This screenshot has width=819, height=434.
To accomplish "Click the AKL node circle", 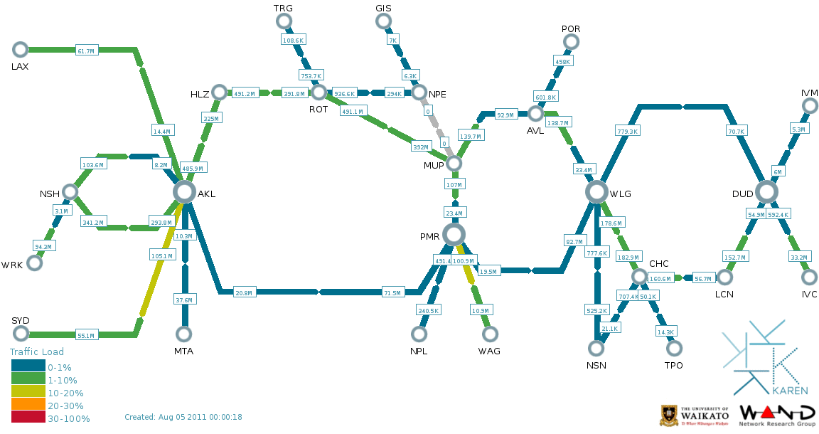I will tap(184, 191).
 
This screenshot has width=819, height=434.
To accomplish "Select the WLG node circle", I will tap(596, 191).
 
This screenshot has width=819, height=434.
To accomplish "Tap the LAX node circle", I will tap(20, 49).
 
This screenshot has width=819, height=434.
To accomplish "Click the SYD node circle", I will tap(21, 334).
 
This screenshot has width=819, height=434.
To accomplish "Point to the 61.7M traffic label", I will tap(86, 51).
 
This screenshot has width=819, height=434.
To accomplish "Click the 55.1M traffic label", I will tap(86, 335).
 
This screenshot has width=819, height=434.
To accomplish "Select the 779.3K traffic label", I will tap(628, 131).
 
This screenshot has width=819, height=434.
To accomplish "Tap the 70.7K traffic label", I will tap(737, 131).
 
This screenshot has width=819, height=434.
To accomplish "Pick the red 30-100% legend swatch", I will tap(28, 418).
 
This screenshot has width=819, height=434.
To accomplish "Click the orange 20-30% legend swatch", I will tap(28, 406).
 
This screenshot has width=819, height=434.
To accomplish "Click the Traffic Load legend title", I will tap(37, 351).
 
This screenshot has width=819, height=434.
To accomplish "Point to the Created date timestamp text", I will tap(183, 417).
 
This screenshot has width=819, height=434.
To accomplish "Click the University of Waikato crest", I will tap(670, 415).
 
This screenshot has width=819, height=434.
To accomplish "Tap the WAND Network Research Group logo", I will tap(778, 415).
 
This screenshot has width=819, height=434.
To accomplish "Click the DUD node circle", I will tap(766, 191).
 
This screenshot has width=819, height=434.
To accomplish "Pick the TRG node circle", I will tap(284, 21).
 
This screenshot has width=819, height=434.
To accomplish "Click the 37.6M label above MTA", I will tap(184, 300).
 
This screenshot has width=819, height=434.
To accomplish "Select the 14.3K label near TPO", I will tap(665, 332).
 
